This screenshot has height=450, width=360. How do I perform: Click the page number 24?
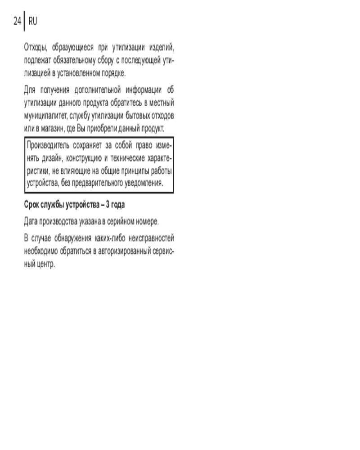18,21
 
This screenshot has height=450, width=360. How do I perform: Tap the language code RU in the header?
33,21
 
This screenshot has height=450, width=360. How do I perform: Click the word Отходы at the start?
35,47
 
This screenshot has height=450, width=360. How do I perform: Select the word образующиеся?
71,47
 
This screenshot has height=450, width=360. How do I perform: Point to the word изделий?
162,47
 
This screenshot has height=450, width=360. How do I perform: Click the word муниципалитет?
45,116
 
